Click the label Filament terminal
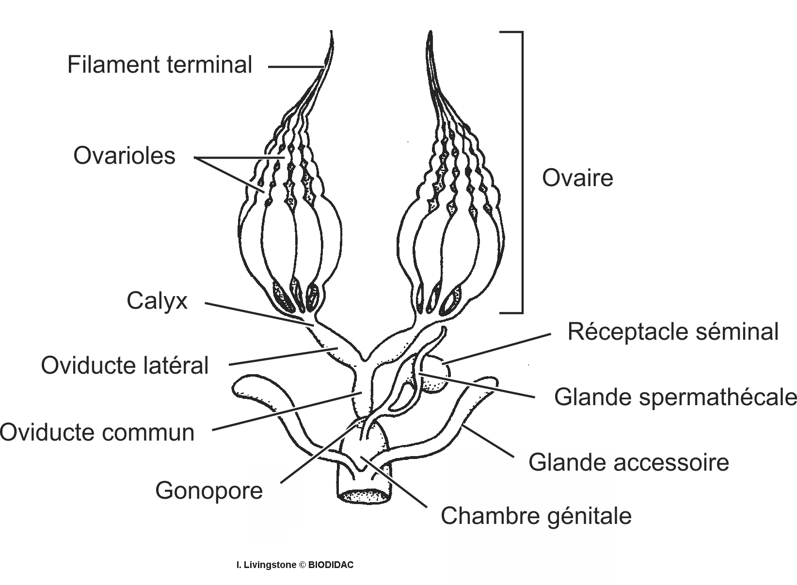pos(159,64)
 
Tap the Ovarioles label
pos(124,156)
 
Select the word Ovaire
pos(577,178)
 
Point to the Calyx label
pos(157,301)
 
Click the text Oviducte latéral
pos(125,365)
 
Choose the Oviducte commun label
pos(97,432)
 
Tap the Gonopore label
pos(209,490)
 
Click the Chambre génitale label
pos(536,516)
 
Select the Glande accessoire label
pos(628,462)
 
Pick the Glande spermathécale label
pos(675,397)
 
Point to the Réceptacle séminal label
pos(673,332)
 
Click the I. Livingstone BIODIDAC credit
pos(295,565)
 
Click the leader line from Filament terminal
pos(296,66)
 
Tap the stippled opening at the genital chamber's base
pos(365,496)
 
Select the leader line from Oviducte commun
pos(286,412)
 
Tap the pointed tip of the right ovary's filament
pos(429,34)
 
